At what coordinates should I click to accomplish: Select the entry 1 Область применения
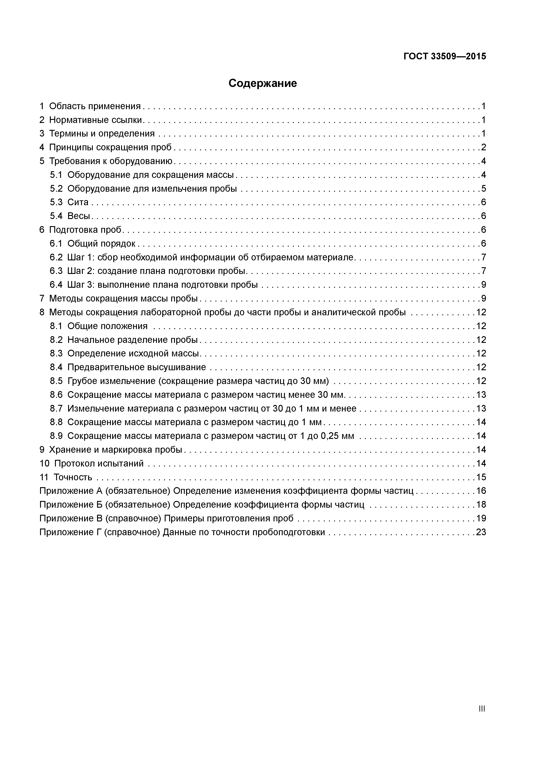(x=90, y=106)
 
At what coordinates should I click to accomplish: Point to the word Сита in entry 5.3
(x=78, y=202)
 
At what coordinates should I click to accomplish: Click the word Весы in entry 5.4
(x=79, y=216)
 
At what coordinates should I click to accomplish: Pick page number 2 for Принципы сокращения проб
(x=483, y=147)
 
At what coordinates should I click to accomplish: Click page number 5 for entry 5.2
(x=483, y=189)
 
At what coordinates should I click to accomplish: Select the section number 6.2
(x=56, y=257)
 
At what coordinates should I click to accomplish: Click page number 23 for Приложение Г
(x=481, y=532)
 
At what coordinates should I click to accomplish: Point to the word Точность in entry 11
(x=73, y=477)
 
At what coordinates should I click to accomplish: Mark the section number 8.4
(x=56, y=367)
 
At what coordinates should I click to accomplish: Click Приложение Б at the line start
(x=71, y=505)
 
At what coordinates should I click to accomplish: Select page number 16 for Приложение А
(x=481, y=491)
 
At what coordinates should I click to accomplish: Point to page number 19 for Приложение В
(x=481, y=519)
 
